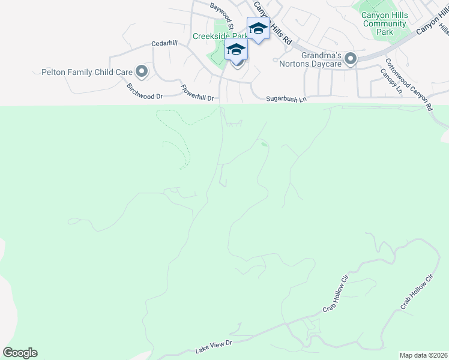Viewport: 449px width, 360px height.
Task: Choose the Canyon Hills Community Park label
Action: tap(385, 23)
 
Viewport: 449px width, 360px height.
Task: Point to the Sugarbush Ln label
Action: tap(286, 98)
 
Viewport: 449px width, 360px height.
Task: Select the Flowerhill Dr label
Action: tap(197, 93)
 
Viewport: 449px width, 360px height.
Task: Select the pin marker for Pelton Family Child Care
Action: tap(142, 72)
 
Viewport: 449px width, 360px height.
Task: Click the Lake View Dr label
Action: tap(214, 346)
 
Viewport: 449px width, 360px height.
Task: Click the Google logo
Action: tap(20, 352)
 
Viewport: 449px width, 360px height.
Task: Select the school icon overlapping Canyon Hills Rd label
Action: tap(258, 28)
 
